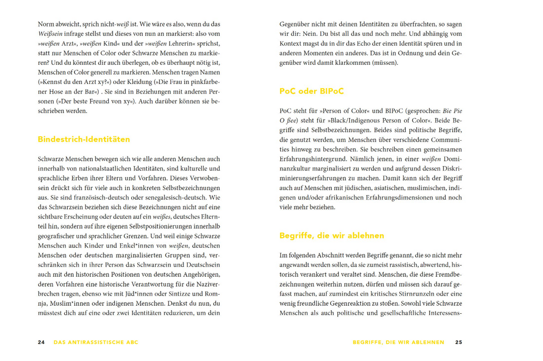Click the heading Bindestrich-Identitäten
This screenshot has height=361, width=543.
pyautogui.click(x=84, y=139)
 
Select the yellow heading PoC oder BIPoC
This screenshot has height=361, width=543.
pyautogui.click(x=312, y=91)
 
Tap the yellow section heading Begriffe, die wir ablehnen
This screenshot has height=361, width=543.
pyautogui.click(x=332, y=235)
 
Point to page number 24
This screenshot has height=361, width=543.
pyautogui.click(x=41, y=342)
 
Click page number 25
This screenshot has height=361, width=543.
pyautogui.click(x=459, y=342)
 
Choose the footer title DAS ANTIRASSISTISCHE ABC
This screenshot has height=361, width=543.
pyautogui.click(x=96, y=342)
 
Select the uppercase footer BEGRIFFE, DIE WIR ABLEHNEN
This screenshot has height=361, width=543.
pyautogui.click(x=398, y=342)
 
